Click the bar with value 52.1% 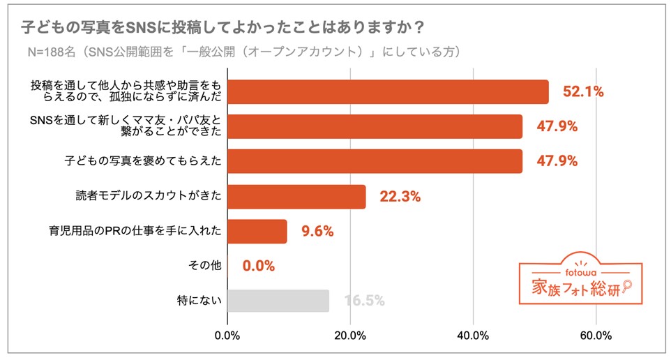pyautogui.click(x=388, y=91)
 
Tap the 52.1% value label pyautogui.click(x=579, y=91)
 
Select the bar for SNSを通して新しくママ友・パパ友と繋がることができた pyautogui.click(x=375, y=126)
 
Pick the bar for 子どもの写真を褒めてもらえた pyautogui.click(x=375, y=161)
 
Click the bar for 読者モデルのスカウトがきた pyautogui.click(x=296, y=196)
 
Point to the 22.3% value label pyautogui.click(x=400, y=197)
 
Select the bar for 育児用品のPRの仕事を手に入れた pyautogui.click(x=257, y=231)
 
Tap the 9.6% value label pyautogui.click(x=317, y=232)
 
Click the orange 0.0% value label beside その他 pyautogui.click(x=258, y=266)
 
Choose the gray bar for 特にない pyautogui.click(x=278, y=301)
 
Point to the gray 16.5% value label pyautogui.click(x=364, y=301)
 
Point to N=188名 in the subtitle pyautogui.click(x=56, y=52)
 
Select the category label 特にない pyautogui.click(x=199, y=301)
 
